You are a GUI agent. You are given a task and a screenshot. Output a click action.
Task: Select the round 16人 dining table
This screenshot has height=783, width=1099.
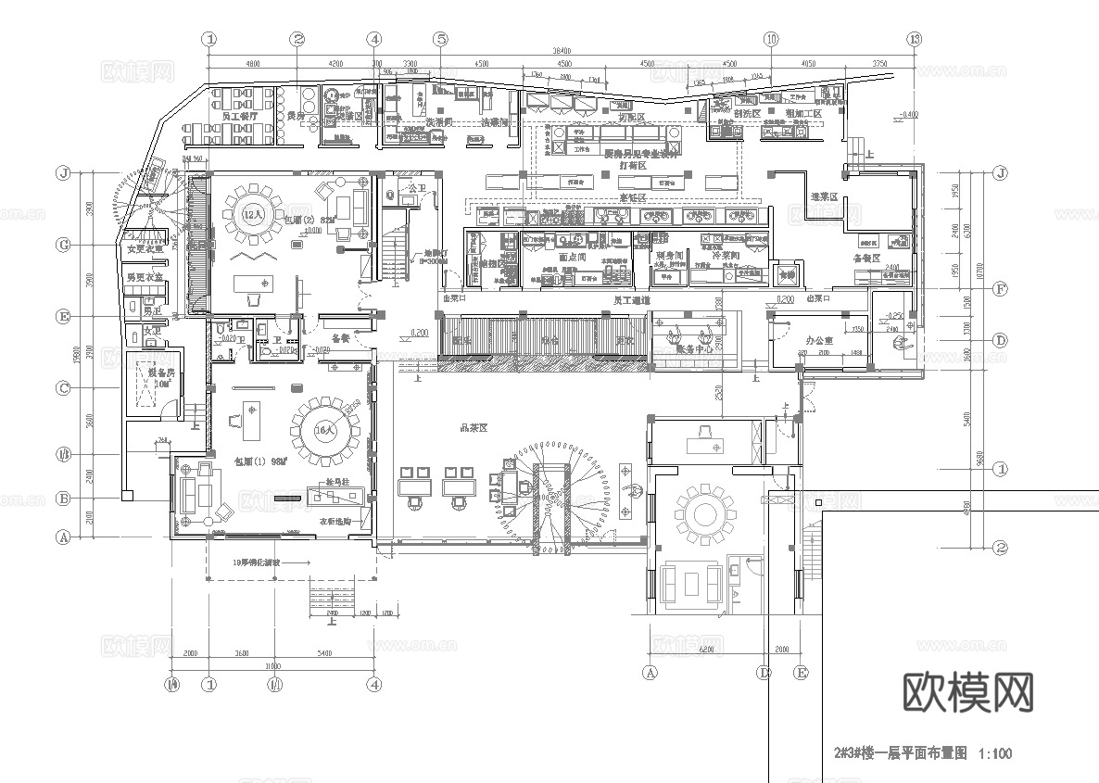point(323,431)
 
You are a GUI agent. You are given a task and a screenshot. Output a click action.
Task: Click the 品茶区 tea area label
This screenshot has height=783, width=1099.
point(474,428)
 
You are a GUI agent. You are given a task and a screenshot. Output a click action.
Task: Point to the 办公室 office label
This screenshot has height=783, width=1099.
point(820,340)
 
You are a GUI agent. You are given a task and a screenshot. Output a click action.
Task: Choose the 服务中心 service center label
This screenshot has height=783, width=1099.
point(694,349)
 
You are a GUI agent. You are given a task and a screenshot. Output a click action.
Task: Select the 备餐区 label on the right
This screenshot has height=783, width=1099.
point(865,259)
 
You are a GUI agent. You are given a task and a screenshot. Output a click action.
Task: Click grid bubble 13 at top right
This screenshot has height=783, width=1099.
point(916,39)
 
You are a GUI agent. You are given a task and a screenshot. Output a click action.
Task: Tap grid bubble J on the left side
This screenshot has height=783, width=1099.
point(64,173)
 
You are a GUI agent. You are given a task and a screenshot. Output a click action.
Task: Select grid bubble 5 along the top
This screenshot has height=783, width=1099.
point(441,39)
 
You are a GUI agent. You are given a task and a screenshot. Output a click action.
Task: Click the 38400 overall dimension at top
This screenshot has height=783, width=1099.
point(562,51)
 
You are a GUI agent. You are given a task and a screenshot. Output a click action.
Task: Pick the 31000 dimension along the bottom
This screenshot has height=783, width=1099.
point(272,665)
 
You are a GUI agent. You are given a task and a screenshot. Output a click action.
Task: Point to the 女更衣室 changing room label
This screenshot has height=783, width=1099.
point(145,248)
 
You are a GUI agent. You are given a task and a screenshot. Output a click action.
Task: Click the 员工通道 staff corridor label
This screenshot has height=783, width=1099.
point(632,300)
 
